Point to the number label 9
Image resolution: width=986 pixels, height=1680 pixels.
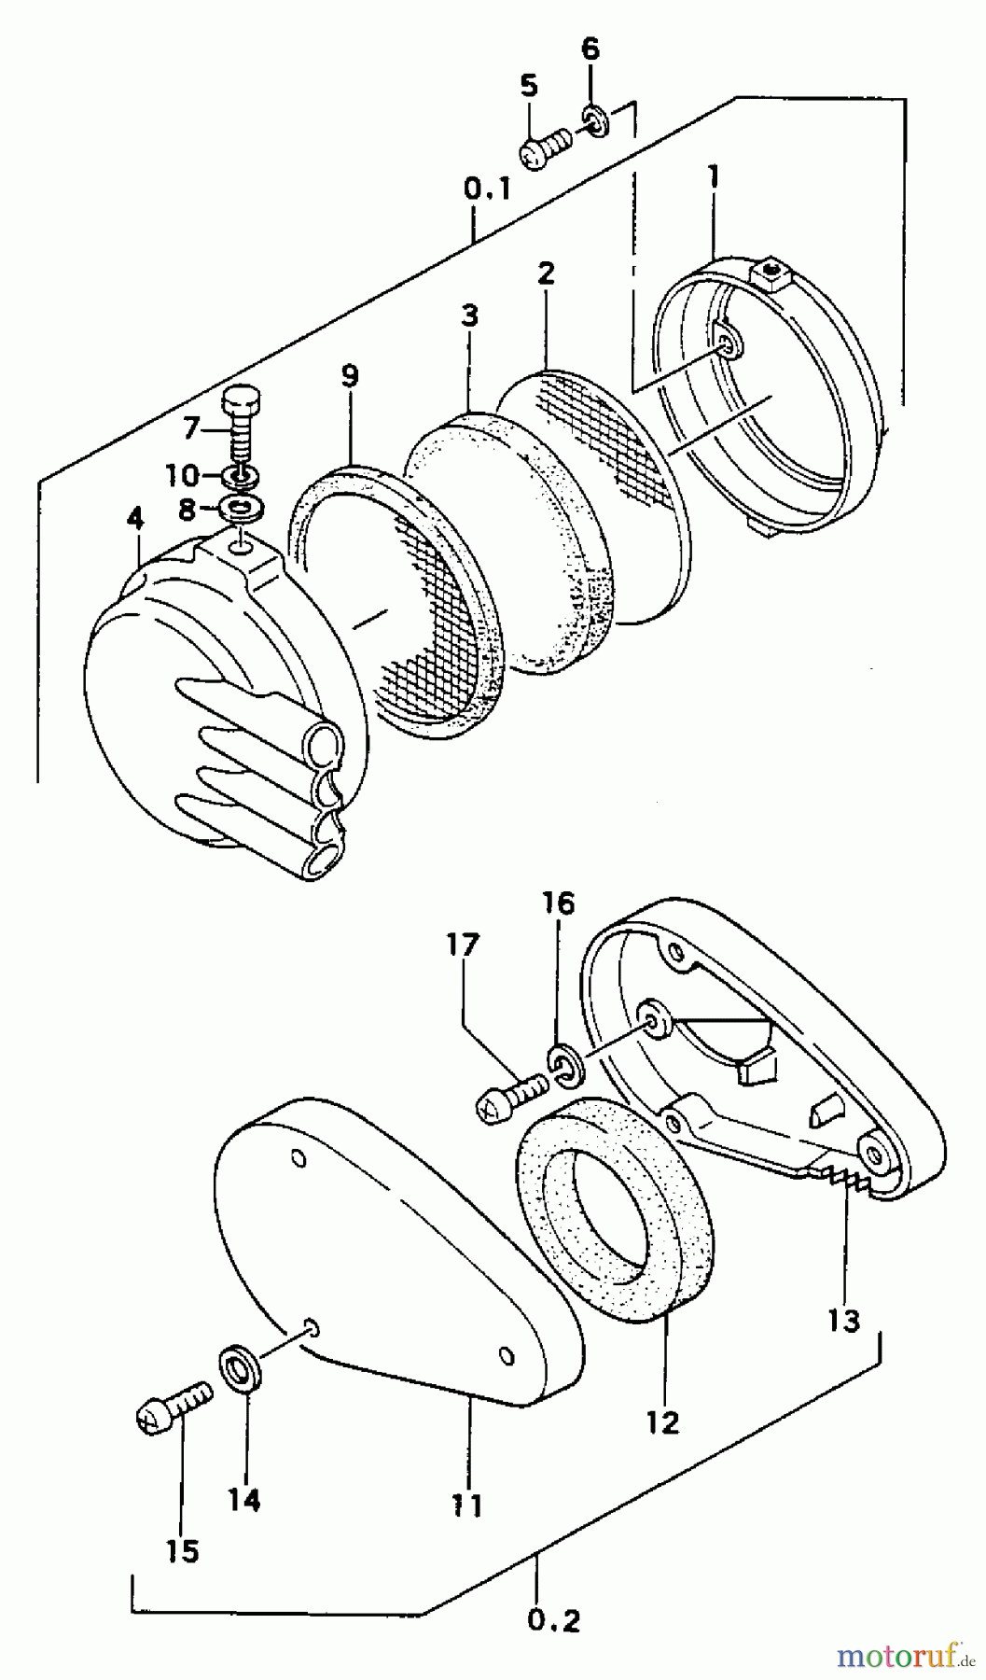coord(349,377)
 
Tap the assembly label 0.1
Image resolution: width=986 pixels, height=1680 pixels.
coord(486,190)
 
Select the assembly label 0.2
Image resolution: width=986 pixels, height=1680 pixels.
coord(552,1621)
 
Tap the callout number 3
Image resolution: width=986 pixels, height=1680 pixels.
coord(468,315)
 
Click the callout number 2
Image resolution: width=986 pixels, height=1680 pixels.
coord(547,273)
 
